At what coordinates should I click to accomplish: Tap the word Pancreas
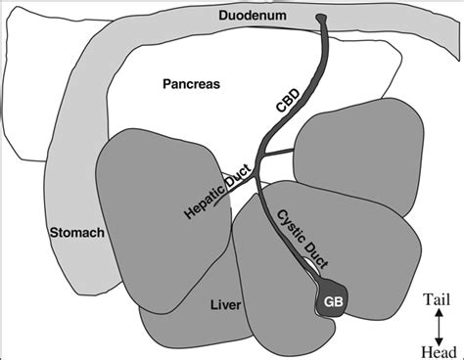click(191, 84)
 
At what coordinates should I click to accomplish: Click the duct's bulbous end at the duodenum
click(323, 18)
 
